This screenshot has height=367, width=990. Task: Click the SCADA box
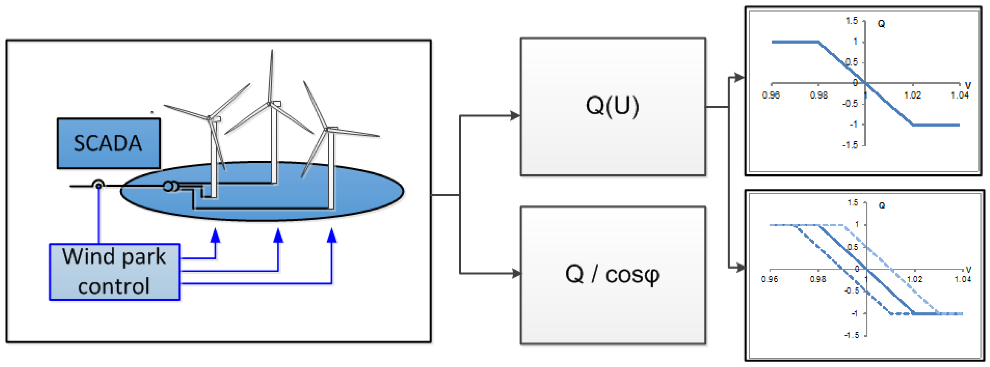click(108, 143)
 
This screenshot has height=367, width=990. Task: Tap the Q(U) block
click(613, 107)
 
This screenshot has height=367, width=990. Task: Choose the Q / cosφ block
click(613, 275)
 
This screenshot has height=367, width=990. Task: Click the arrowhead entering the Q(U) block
click(515, 115)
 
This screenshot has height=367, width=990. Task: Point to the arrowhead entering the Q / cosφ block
click(516, 273)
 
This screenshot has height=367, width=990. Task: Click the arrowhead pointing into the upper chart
click(738, 77)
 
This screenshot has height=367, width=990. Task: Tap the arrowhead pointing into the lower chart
click(739, 268)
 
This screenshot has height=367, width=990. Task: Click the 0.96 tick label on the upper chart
click(771, 95)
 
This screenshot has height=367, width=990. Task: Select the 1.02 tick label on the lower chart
click(914, 279)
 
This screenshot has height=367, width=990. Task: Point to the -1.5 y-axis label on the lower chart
click(851, 335)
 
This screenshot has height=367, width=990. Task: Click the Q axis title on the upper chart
click(881, 24)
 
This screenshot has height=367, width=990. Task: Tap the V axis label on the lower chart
click(968, 270)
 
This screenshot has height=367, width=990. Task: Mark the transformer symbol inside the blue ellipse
click(170, 186)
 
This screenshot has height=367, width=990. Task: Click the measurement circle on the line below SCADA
click(98, 186)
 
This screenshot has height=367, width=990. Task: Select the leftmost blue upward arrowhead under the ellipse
click(216, 235)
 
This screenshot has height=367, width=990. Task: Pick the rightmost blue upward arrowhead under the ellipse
click(332, 235)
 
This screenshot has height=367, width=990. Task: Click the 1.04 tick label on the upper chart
click(960, 95)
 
